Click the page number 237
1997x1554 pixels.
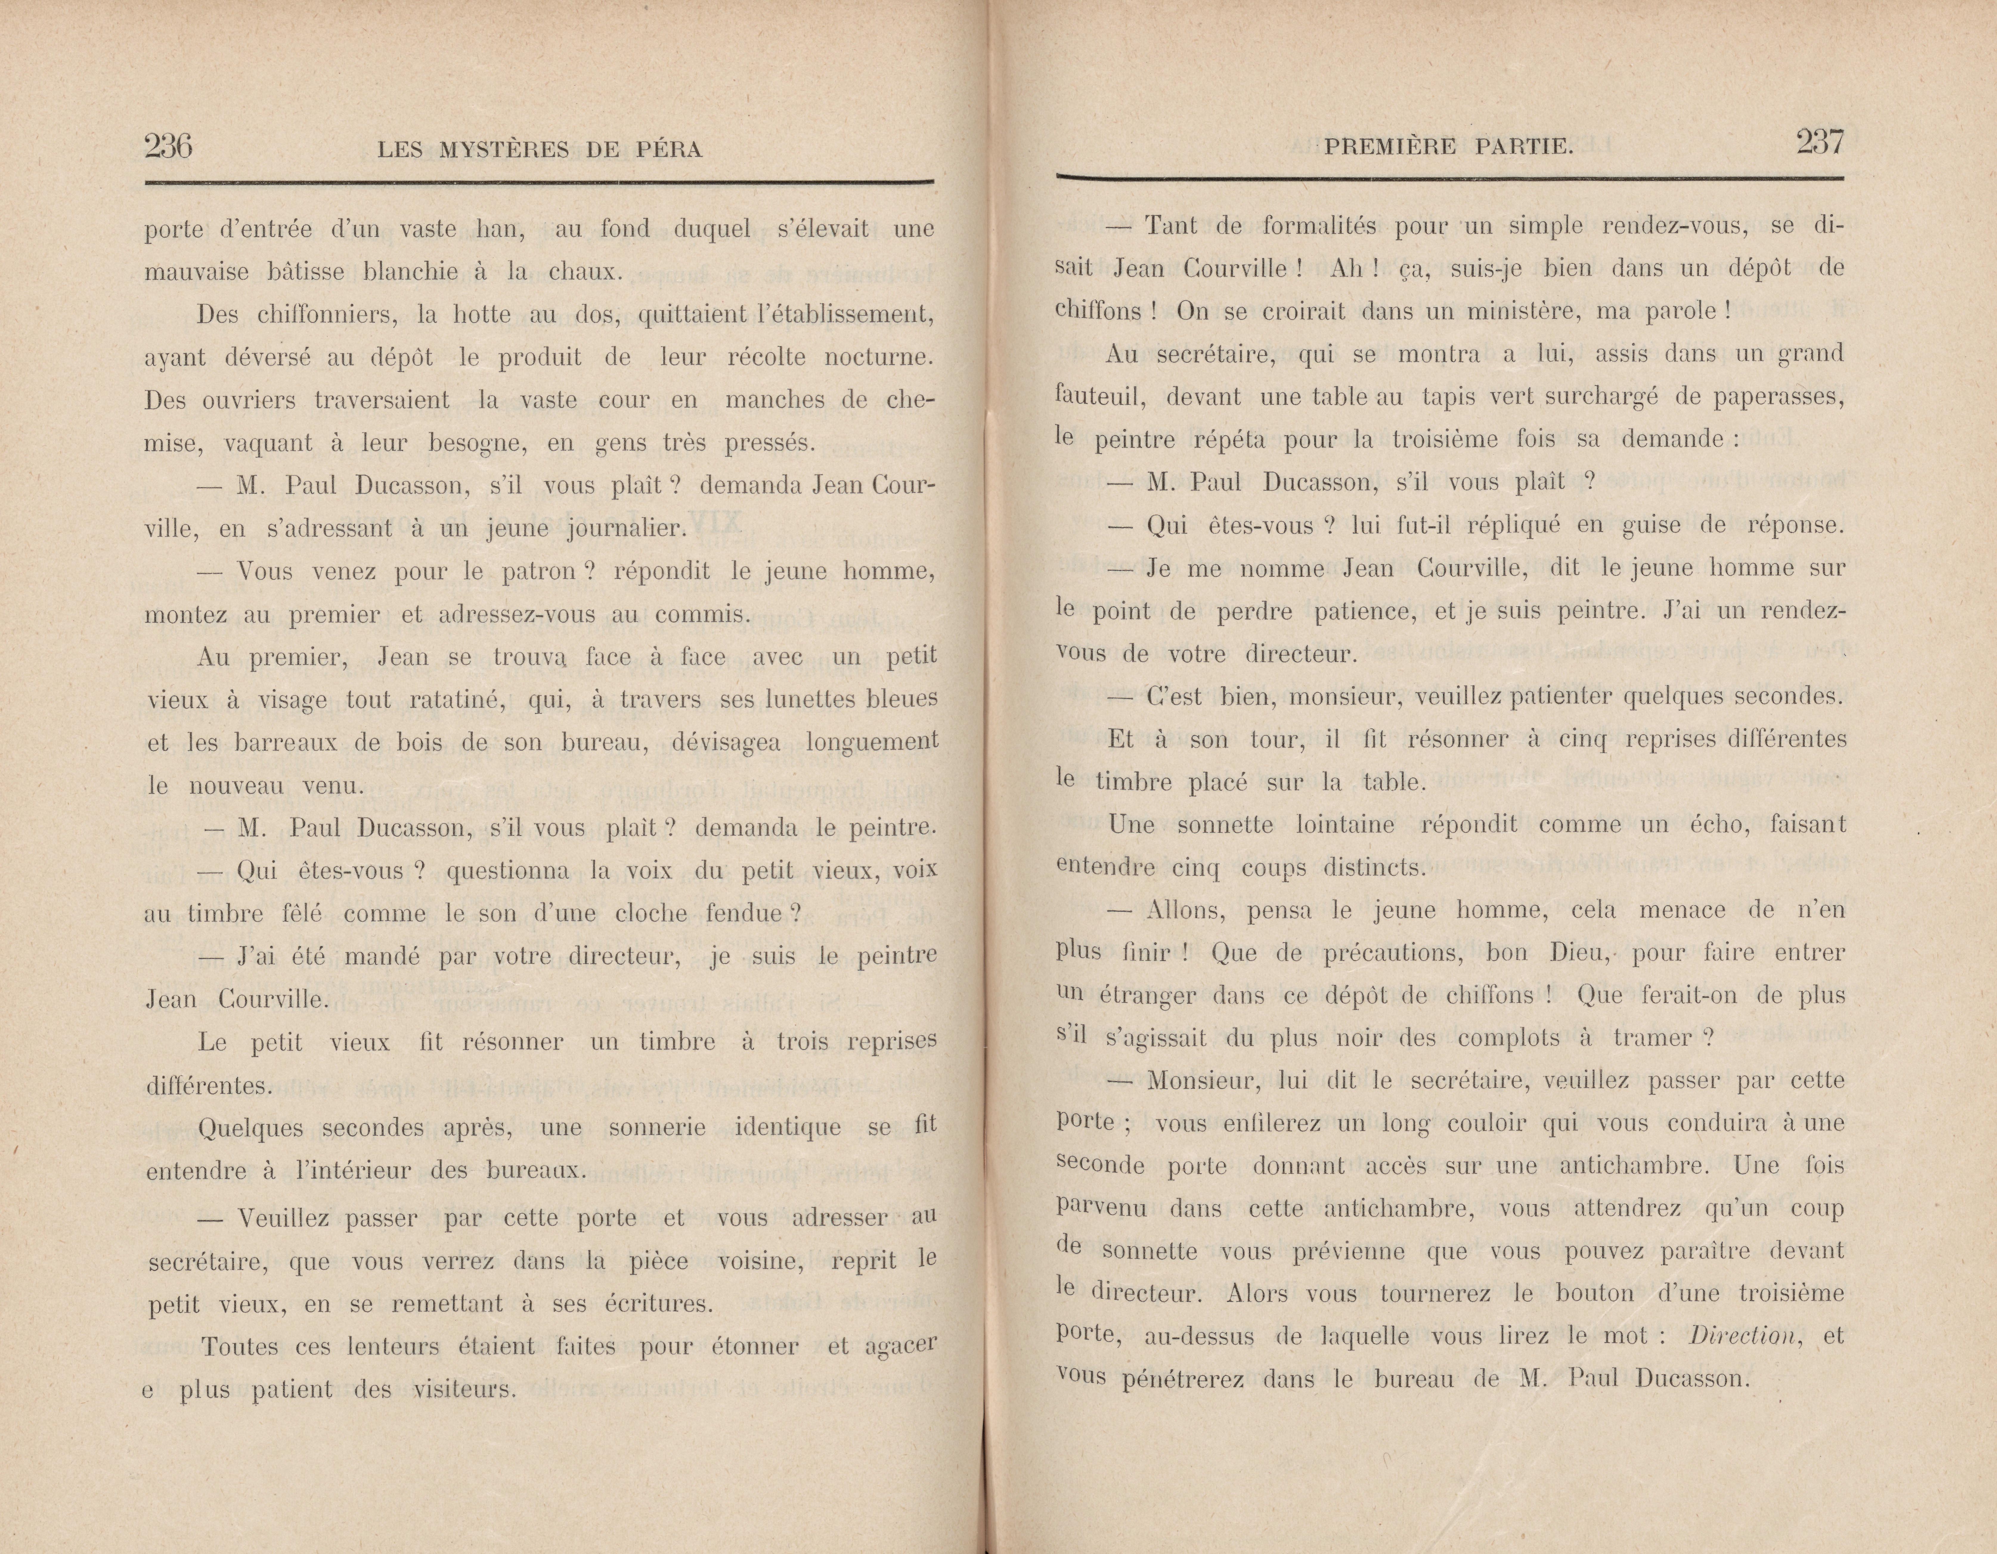(1820, 142)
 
